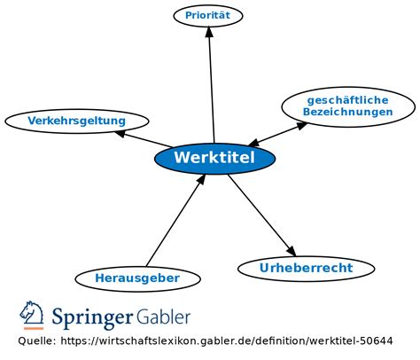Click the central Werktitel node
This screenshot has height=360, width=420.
click(214, 158)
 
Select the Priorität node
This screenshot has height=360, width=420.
click(208, 15)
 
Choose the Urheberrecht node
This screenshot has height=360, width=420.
click(306, 268)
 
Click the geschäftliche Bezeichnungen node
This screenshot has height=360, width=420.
click(348, 106)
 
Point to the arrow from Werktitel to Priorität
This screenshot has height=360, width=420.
click(212, 84)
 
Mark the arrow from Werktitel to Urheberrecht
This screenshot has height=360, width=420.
click(261, 213)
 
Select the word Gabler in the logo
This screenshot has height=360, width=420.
click(163, 316)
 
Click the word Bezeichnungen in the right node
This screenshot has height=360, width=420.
click(348, 113)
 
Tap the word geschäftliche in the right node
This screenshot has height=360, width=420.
click(348, 100)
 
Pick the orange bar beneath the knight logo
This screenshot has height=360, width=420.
click(33, 328)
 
